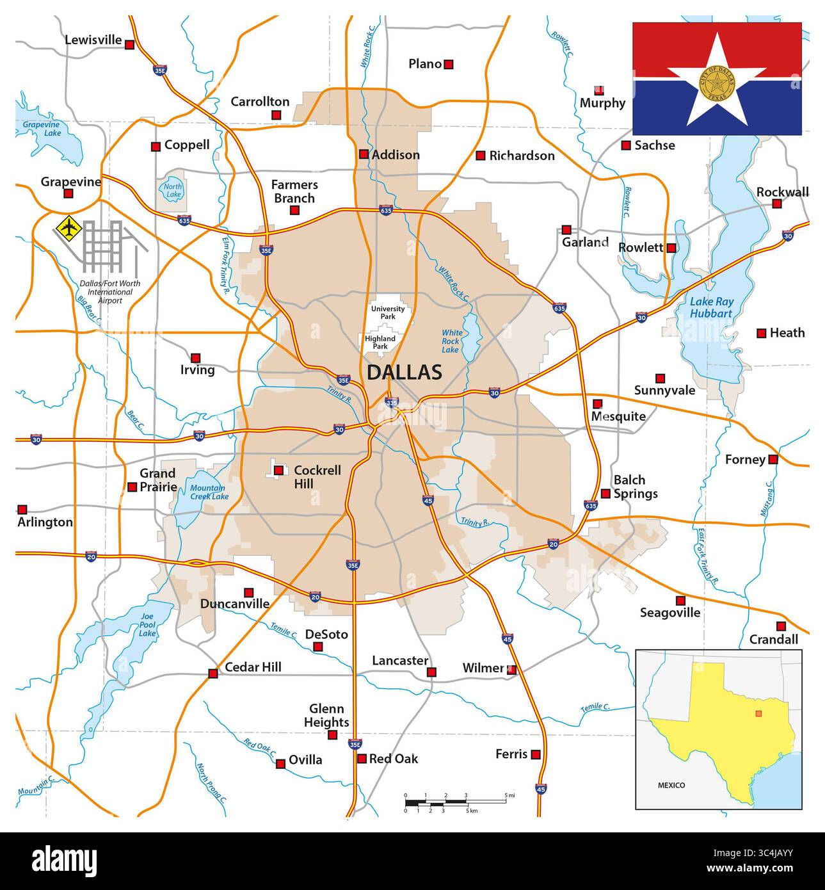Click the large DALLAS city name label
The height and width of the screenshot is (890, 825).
pyautogui.click(x=404, y=372)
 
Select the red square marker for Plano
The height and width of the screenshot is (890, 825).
pyautogui.click(x=449, y=64)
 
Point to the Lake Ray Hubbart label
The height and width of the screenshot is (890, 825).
pyautogui.click(x=711, y=307)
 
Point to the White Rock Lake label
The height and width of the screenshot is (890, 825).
pyautogui.click(x=451, y=341)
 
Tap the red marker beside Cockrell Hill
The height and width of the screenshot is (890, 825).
pyautogui.click(x=278, y=471)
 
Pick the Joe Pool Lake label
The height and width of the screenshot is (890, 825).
pyautogui.click(x=148, y=624)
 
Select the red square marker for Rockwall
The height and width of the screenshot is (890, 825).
pyautogui.click(x=776, y=204)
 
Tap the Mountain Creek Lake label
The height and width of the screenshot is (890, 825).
pyautogui.click(x=209, y=492)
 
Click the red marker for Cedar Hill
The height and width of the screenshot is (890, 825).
pyautogui.click(x=212, y=673)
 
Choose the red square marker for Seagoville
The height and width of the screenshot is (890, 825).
pyautogui.click(x=681, y=601)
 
